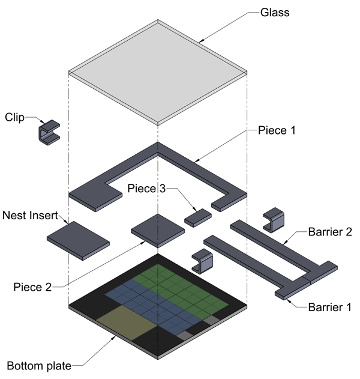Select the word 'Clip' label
[15, 117]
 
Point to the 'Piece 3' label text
[146, 189]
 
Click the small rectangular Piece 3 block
[198, 216]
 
